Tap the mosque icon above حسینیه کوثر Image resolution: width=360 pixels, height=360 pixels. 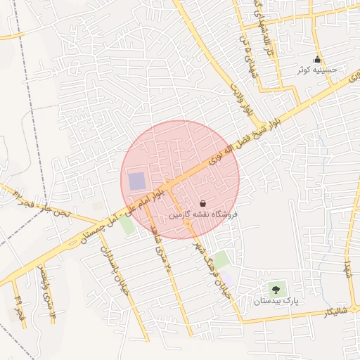click(318, 59)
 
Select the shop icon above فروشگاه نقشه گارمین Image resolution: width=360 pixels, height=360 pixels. click(202, 202)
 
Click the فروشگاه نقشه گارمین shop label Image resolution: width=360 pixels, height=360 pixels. click(202, 213)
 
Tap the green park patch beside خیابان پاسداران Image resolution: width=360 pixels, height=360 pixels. click(127, 225)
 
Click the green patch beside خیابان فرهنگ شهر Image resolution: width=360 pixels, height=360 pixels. click(221, 259)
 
